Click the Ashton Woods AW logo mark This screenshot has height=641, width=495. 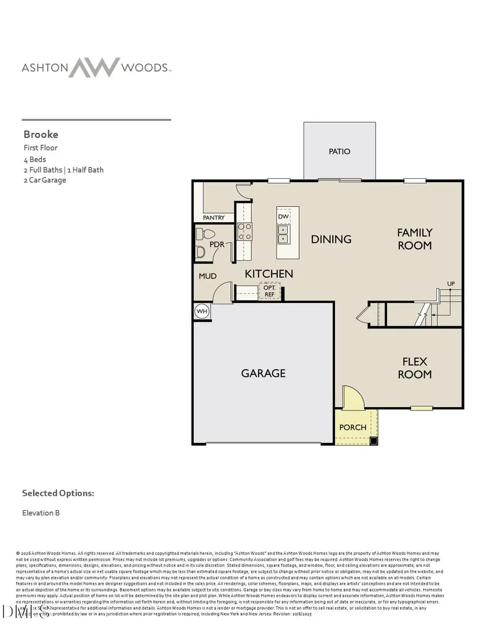(94, 67)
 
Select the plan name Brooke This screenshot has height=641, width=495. (41, 134)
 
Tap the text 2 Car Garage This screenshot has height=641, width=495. (45, 180)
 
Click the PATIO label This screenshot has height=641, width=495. (339, 151)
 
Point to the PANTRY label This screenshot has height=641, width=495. (214, 218)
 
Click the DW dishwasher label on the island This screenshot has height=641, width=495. (283, 217)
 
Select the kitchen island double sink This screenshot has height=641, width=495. (283, 239)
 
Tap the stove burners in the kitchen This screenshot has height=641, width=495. (244, 232)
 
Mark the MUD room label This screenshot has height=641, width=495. (207, 276)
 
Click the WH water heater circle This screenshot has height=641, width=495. (202, 311)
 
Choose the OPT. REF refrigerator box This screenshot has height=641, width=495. (269, 291)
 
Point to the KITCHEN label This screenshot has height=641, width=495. (269, 273)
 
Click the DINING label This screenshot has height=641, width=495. (331, 239)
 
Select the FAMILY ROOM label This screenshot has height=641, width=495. (415, 239)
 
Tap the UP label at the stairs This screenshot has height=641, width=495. (451, 284)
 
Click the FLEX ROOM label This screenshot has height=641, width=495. (415, 368)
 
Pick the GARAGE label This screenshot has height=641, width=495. (263, 373)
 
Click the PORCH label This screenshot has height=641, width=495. (353, 428)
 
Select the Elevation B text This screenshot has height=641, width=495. (41, 513)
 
